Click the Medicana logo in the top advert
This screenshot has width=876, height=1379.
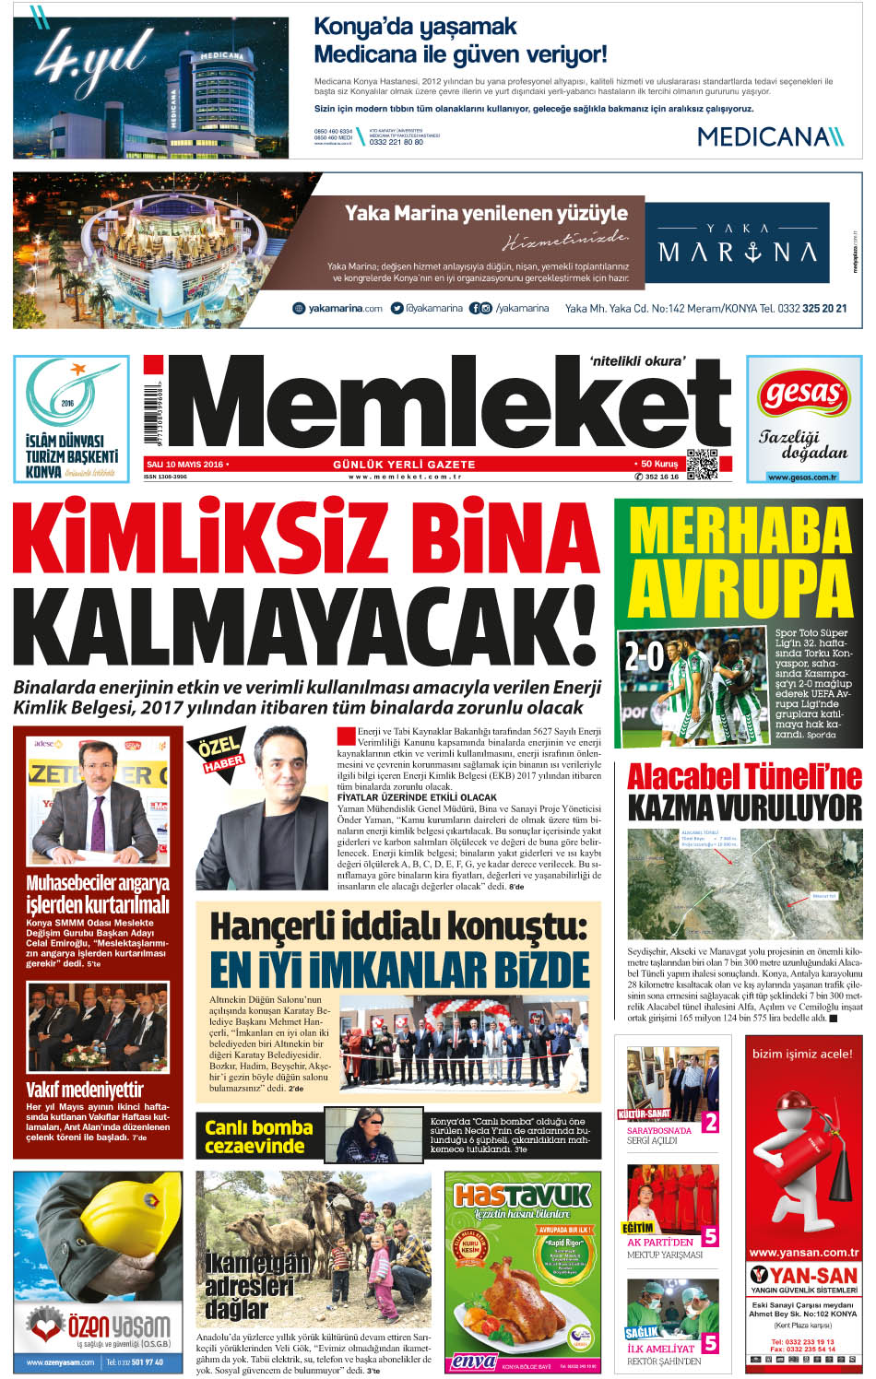tap(769, 136)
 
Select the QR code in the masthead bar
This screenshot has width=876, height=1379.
tap(702, 464)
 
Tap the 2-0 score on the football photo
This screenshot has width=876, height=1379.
tap(645, 655)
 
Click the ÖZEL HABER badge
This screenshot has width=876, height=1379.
tap(220, 752)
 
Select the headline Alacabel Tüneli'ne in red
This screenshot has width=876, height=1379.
tap(743, 777)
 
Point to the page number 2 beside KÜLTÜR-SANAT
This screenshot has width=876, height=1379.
tap(710, 1122)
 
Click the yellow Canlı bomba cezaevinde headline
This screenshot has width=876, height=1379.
tap(257, 1137)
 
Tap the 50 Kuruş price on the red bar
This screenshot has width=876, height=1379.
tap(657, 464)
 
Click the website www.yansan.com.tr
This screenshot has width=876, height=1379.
tap(803, 1252)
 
